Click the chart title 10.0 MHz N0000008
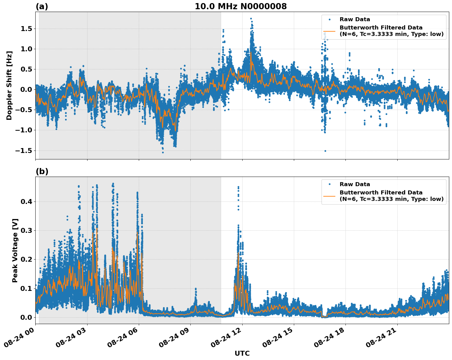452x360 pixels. click(240, 6)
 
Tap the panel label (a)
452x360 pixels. click(42, 6)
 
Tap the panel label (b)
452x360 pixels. click(42, 171)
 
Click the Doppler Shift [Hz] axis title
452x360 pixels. click(9, 85)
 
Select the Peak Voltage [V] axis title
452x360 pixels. click(15, 250)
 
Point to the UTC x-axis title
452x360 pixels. click(242, 353)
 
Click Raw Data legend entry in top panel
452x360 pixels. click(355, 20)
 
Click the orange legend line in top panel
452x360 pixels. click(329, 31)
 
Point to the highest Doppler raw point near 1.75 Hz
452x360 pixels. click(251, 19)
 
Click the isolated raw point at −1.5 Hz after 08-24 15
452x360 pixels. click(325, 151)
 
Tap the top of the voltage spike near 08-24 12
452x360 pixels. click(238, 187)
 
